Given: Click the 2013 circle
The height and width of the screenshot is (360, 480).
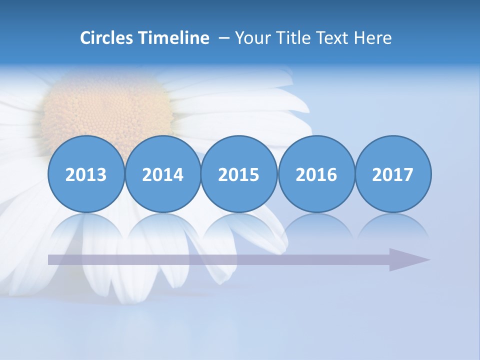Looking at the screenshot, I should (86, 174).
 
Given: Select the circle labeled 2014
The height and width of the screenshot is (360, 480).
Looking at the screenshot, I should (162, 174).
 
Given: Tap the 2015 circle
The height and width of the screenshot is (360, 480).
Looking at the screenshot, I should (239, 174).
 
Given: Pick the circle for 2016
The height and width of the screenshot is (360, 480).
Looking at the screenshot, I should (316, 174).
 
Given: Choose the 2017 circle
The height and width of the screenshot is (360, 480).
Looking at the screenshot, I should (393, 174).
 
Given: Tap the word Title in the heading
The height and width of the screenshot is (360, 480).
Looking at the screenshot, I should (292, 38).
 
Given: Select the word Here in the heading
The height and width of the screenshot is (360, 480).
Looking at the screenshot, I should (372, 38).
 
